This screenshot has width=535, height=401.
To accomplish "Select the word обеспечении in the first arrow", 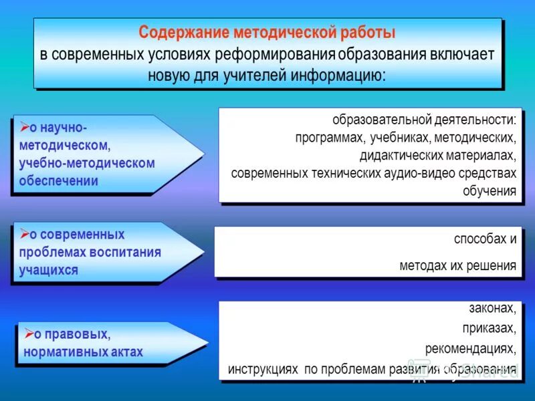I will pyautogui.click(x=59, y=180).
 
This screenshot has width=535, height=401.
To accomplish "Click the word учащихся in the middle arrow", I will pyautogui.click(x=49, y=270).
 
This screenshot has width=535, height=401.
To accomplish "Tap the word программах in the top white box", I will pyautogui.click(x=328, y=138).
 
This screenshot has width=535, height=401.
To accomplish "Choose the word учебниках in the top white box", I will pyautogui.click(x=399, y=138).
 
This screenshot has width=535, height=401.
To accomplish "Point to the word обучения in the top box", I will pyautogui.click(x=490, y=191).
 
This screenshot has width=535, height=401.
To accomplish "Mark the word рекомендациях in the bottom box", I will pyautogui.click(x=470, y=348).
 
